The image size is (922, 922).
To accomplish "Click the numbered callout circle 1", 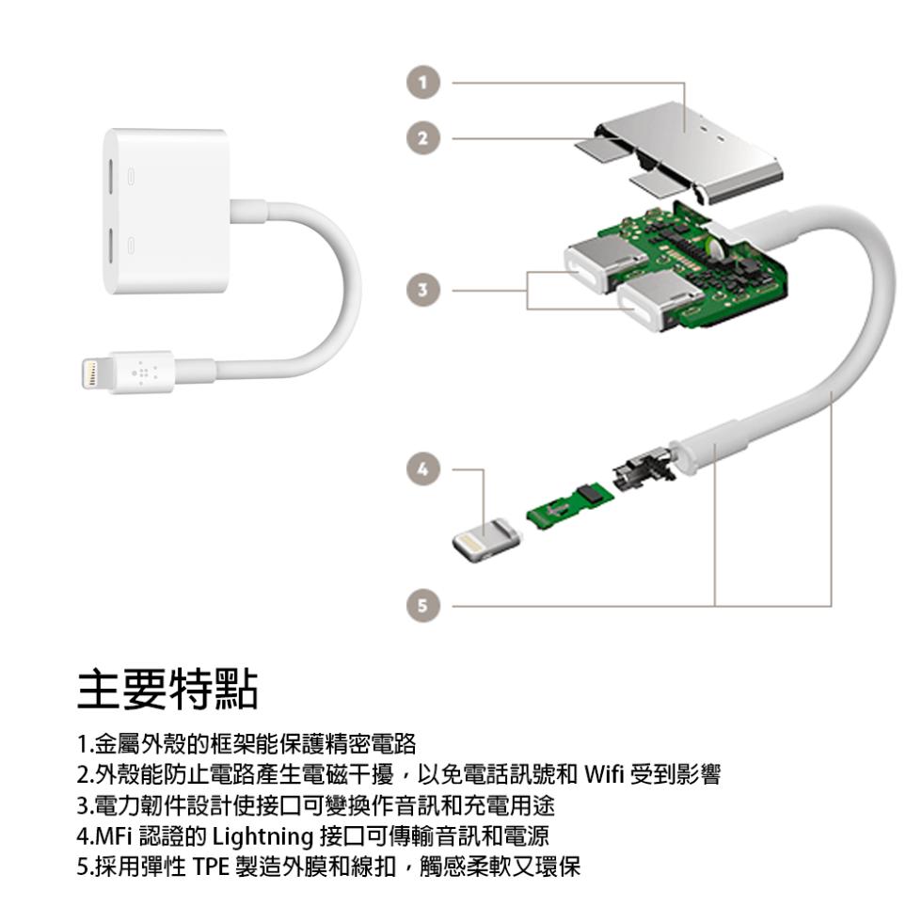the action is coord(422,83).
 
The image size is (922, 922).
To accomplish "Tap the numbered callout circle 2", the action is coord(422,138).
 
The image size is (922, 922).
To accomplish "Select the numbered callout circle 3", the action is coord(422,290).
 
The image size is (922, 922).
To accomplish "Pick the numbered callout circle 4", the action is coord(422,469).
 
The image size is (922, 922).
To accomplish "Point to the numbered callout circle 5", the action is coord(422,605).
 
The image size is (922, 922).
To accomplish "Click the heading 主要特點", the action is coord(167,689).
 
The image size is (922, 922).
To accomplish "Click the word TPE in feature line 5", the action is coord(211,866).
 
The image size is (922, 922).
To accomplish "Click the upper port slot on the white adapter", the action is coord(111,176).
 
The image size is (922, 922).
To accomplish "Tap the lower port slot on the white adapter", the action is coord(111,246).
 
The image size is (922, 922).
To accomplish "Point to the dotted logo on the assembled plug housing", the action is coord(143,373).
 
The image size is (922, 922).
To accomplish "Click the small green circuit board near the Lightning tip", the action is coord(570,504).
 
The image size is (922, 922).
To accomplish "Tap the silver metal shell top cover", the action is coord(688,152).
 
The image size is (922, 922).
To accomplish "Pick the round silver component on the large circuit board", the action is coord(716,246).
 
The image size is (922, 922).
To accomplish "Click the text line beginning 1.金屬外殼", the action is coord(246,744).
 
